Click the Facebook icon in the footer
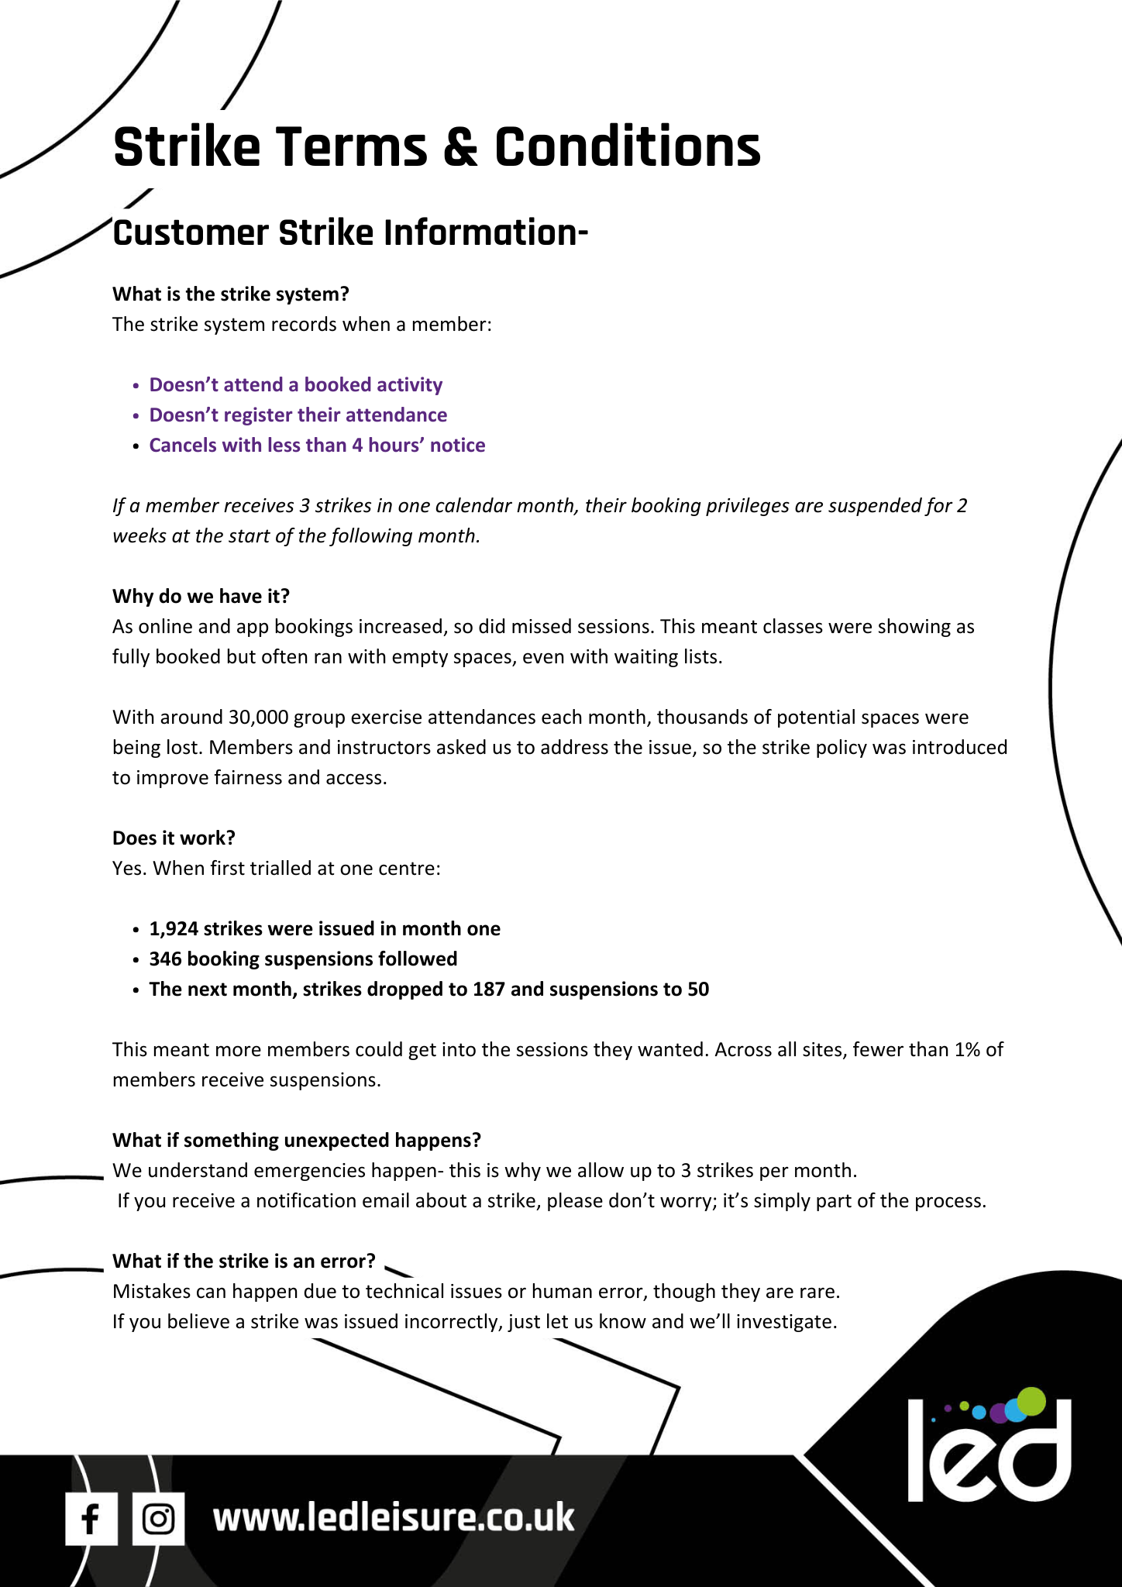[x=91, y=1519]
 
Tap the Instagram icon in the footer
[x=158, y=1519]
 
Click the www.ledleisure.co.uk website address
[x=394, y=1517]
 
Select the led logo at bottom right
[x=989, y=1446]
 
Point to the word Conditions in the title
[x=628, y=147]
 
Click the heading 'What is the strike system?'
[x=231, y=294]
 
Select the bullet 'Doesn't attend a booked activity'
[x=295, y=385]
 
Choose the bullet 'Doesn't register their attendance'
[x=298, y=415]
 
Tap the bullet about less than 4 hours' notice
[x=317, y=446]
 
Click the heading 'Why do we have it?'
[x=201, y=596]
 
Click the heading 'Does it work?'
[x=174, y=838]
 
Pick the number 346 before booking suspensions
[x=165, y=959]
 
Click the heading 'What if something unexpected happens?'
[x=297, y=1140]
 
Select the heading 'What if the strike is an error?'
[x=243, y=1261]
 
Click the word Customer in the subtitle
[x=191, y=234]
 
